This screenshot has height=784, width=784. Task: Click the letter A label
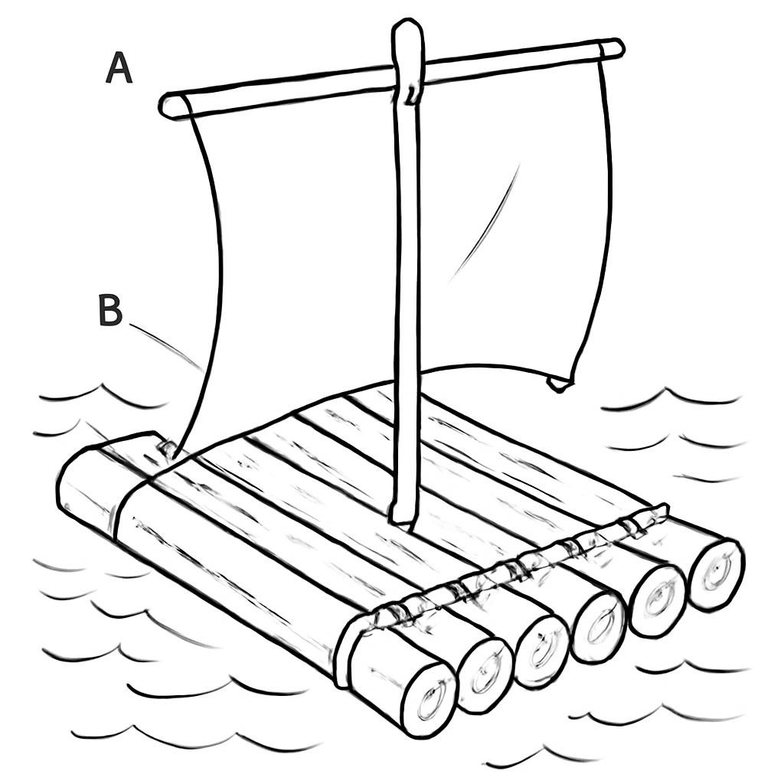[119, 68]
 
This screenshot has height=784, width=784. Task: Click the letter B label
[110, 310]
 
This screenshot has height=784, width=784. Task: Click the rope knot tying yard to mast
[410, 94]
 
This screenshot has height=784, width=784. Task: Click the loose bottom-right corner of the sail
[560, 384]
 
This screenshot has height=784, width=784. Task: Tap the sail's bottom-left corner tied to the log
[168, 448]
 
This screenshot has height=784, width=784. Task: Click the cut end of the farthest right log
[716, 574]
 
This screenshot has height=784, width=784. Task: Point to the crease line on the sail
[484, 223]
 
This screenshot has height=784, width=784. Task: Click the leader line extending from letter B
[166, 347]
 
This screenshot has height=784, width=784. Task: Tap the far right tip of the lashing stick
[665, 509]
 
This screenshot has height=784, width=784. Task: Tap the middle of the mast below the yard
[406, 310]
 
